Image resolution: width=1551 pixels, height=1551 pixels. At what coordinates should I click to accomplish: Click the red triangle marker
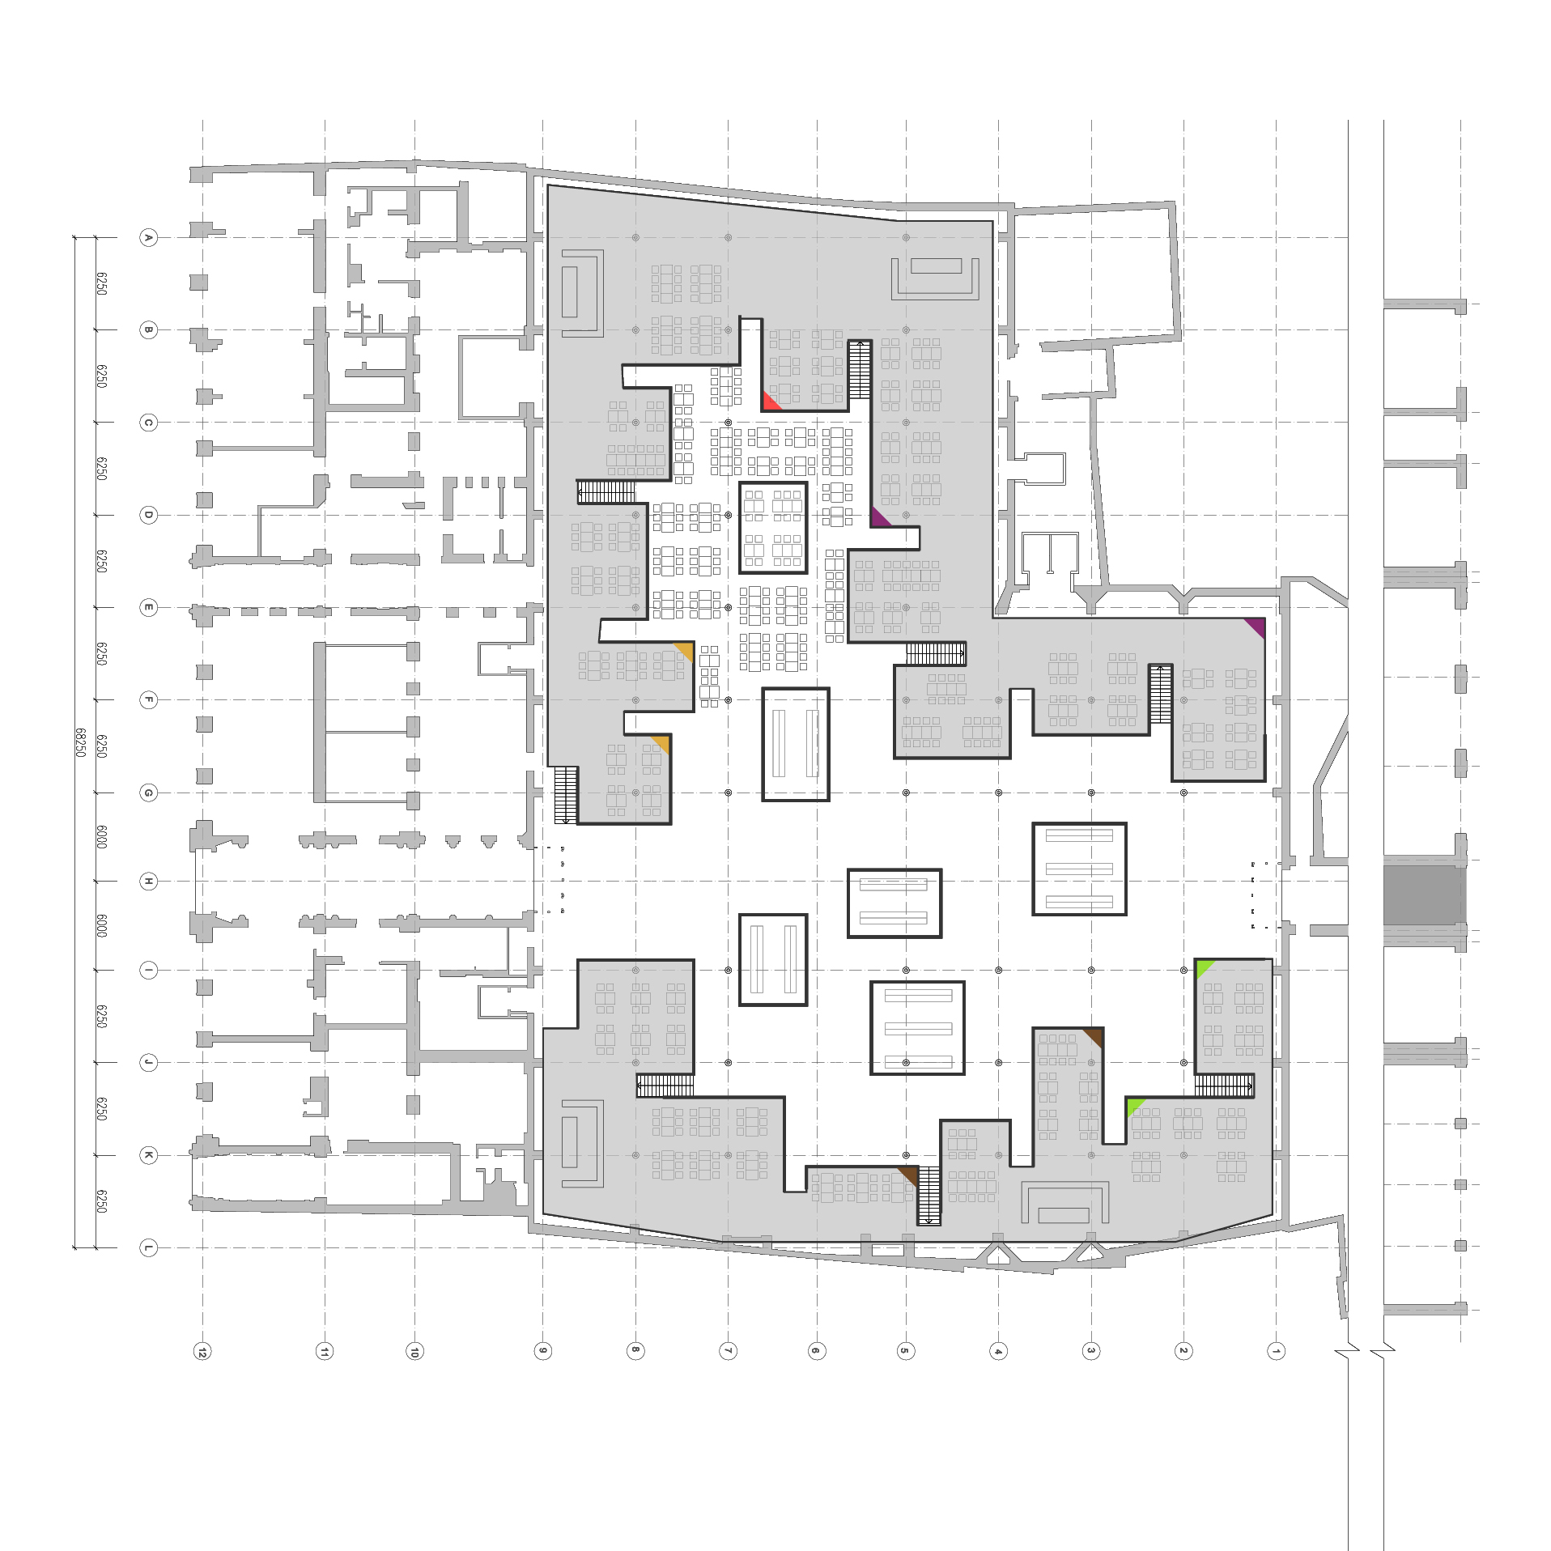coord(769,403)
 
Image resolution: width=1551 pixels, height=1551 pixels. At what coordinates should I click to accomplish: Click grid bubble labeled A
coord(148,237)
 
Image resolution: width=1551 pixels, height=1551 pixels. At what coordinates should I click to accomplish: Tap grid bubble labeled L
coord(148,1247)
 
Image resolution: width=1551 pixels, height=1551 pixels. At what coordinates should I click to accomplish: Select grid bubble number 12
coord(202,1351)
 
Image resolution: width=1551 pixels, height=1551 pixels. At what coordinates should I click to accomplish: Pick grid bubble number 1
coord(1277,1351)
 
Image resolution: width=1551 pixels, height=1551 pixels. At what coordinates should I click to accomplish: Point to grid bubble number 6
coord(817,1351)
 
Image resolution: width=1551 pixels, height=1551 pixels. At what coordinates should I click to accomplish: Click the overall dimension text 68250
coord(81,742)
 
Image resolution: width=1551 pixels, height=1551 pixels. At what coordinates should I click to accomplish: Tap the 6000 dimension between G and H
coord(102,837)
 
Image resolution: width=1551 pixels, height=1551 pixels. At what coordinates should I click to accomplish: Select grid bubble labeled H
coord(148,881)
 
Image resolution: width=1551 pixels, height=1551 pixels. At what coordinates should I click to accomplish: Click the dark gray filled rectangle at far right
coord(1423,895)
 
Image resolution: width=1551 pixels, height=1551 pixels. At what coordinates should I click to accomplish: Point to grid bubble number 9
coord(543,1351)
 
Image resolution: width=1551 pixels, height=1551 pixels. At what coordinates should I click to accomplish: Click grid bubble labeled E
coord(148,607)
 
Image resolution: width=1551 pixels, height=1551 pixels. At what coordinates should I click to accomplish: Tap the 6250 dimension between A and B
coord(102,283)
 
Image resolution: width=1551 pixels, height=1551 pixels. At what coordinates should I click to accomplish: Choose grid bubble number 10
coord(414,1351)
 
